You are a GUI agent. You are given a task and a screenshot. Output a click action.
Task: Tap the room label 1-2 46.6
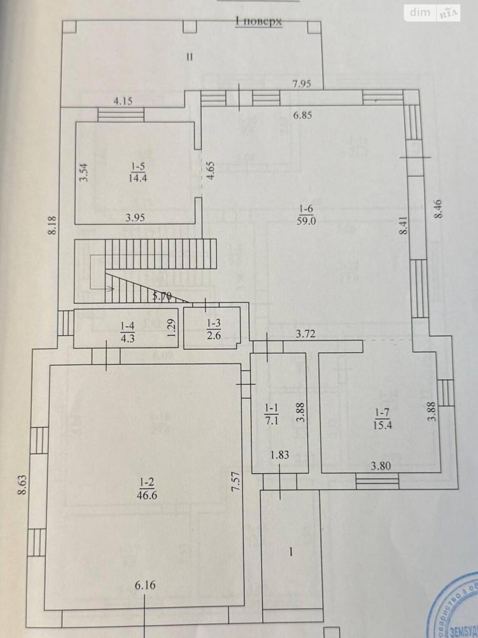click(147, 489)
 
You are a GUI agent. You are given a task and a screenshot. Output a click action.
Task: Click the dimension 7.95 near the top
click(302, 84)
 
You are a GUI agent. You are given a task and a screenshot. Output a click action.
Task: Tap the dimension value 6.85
click(302, 116)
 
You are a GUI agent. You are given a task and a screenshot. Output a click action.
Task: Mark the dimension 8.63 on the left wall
click(22, 484)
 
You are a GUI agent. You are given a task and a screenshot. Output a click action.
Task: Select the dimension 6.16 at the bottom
click(145, 585)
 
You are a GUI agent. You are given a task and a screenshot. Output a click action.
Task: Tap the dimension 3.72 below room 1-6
click(305, 334)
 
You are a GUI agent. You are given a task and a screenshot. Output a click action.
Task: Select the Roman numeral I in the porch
click(291, 552)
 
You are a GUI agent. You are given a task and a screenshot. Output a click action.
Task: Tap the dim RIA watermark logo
click(432, 13)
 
